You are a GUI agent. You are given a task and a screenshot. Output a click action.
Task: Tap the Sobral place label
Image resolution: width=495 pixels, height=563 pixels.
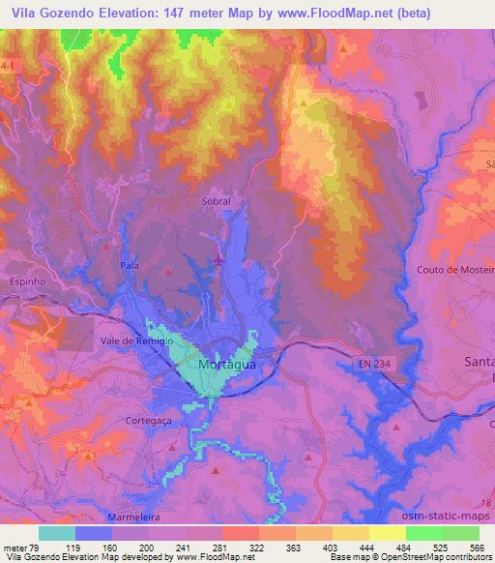[x=217, y=201]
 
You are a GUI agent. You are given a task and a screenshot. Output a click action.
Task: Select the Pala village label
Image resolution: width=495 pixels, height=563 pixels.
[x=130, y=264]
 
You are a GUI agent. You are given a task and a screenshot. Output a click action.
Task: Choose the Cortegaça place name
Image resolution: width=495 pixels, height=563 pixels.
[x=149, y=420]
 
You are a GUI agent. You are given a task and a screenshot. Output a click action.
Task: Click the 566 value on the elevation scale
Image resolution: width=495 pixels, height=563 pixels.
[x=476, y=548]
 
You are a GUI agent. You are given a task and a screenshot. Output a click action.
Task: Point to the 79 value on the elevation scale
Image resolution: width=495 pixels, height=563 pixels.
[x=38, y=548]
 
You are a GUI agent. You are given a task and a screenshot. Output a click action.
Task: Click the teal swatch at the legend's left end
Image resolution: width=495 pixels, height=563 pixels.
[x=57, y=533]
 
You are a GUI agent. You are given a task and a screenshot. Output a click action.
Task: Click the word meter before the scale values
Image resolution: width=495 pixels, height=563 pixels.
[x=15, y=548]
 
